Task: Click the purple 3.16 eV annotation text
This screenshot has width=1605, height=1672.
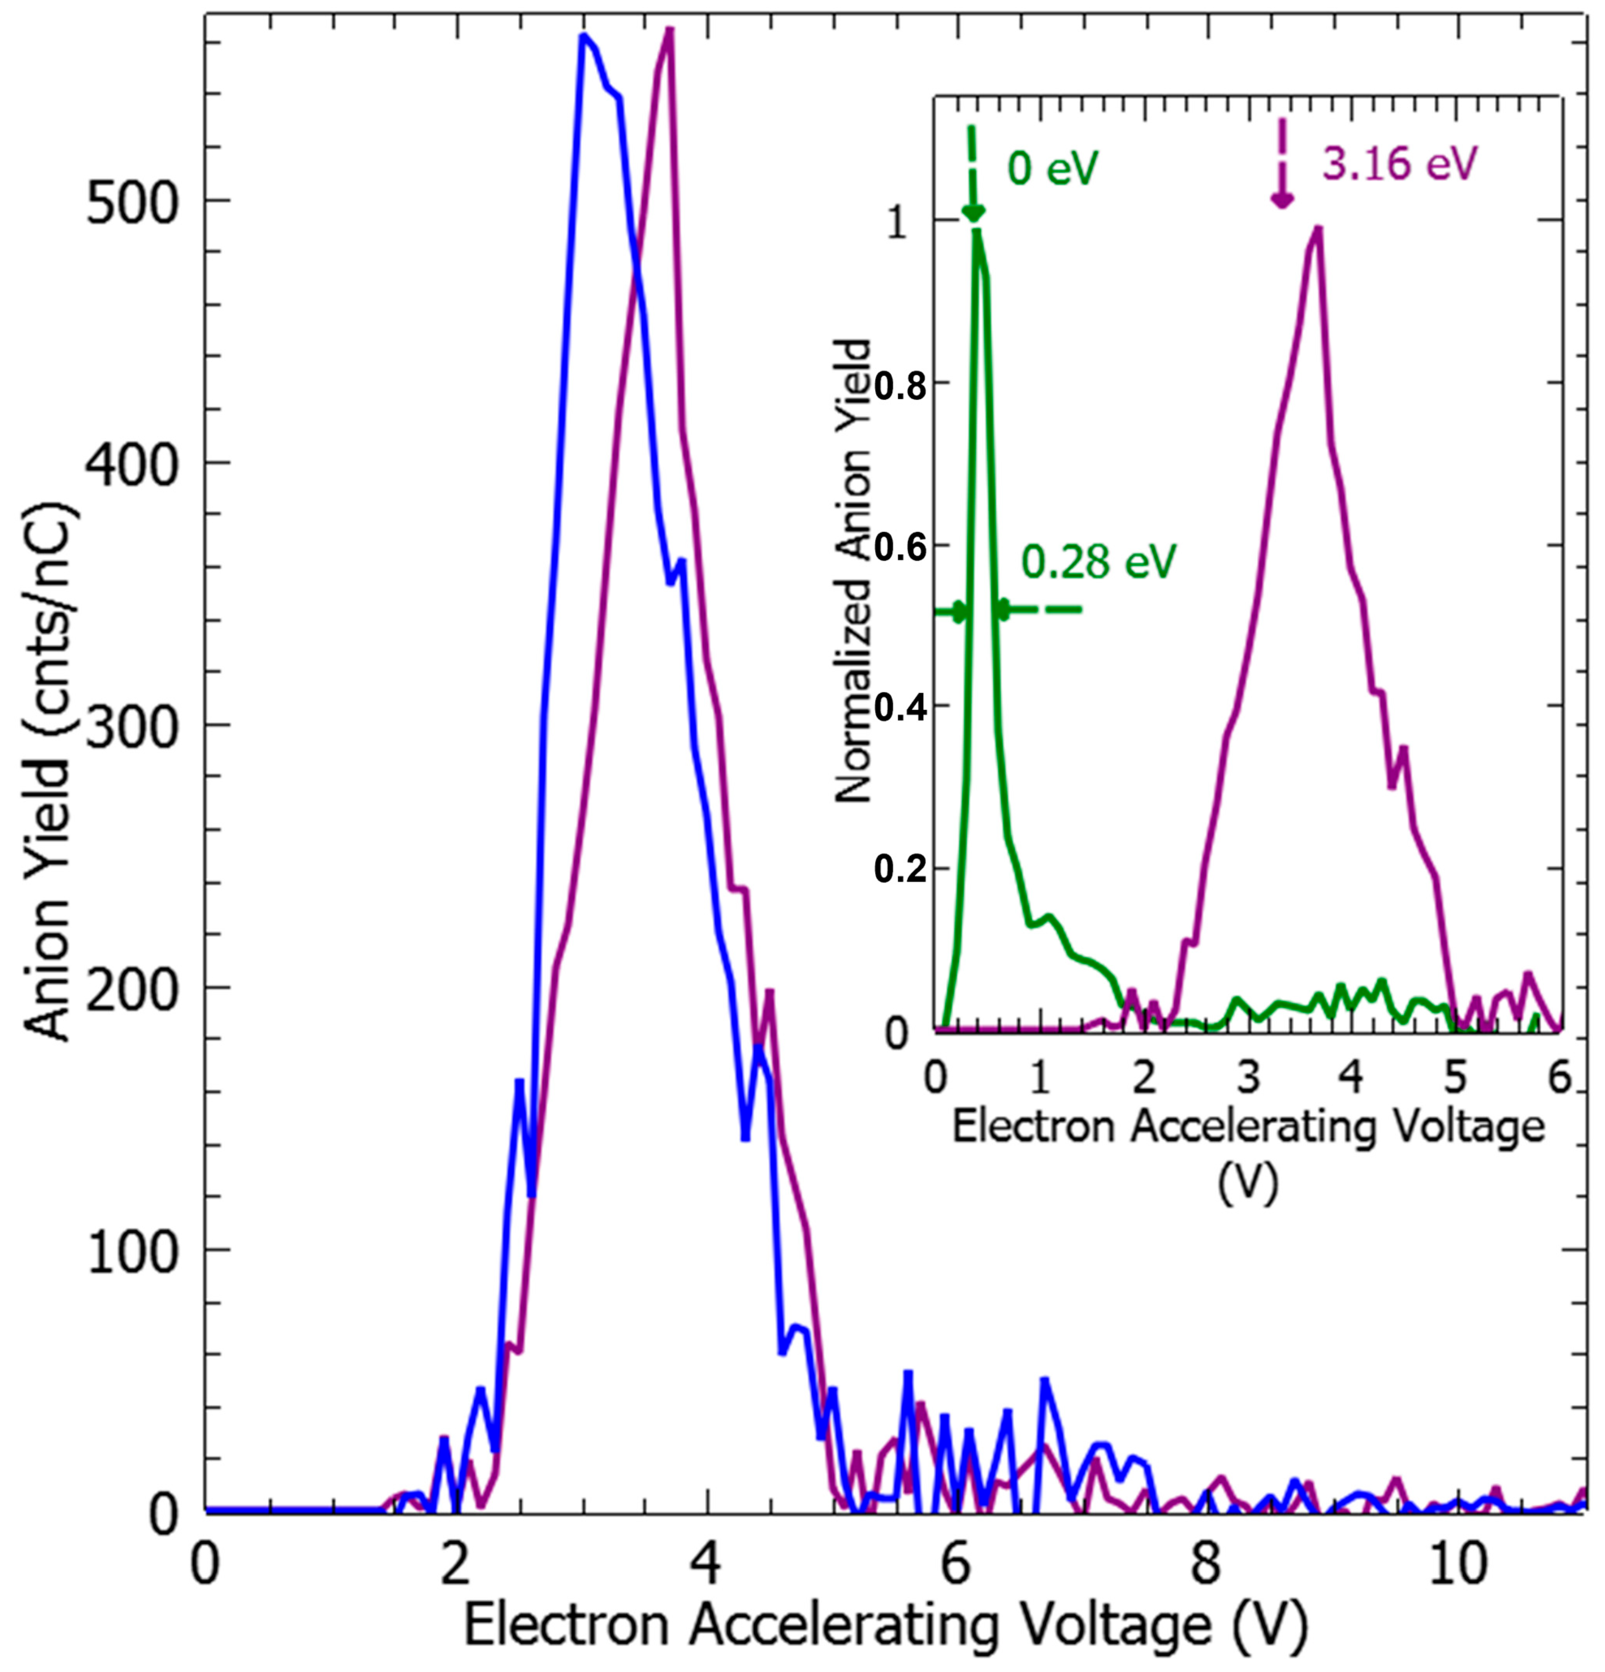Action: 1399,162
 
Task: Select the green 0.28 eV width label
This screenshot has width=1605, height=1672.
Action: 1099,561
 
